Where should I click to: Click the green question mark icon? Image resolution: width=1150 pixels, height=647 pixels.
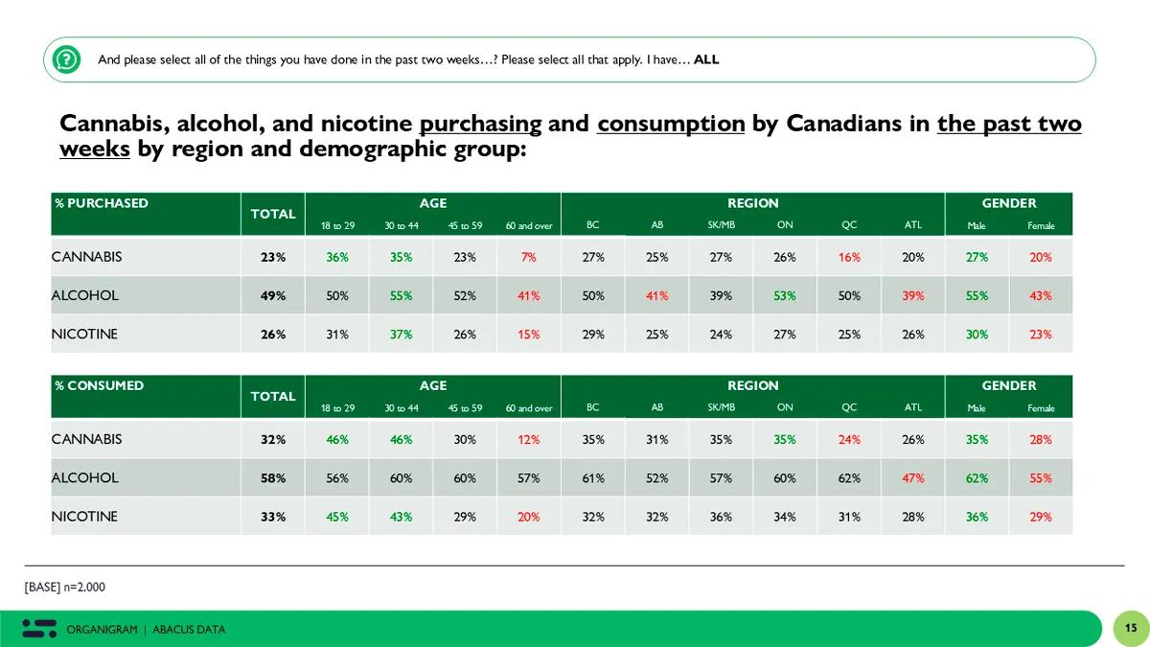(x=66, y=59)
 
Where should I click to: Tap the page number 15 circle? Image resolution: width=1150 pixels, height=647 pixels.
(x=1130, y=629)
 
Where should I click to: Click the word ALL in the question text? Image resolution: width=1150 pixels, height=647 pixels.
(x=706, y=59)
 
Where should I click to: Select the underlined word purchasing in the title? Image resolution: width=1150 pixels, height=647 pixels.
(x=480, y=124)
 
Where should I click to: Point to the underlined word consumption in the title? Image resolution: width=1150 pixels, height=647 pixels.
(x=671, y=124)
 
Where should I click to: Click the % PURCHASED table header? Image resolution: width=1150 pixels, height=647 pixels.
(x=102, y=203)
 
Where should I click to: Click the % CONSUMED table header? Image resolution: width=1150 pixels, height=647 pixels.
(x=100, y=385)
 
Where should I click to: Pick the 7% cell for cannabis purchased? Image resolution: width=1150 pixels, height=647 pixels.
(x=529, y=257)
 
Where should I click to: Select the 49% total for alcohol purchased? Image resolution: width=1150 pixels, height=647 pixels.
(x=273, y=295)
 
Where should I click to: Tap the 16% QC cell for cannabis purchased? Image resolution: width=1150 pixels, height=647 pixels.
(x=849, y=257)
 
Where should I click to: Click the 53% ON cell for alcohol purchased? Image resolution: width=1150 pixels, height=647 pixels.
(x=785, y=295)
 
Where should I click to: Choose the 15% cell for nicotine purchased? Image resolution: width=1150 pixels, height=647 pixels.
(x=529, y=335)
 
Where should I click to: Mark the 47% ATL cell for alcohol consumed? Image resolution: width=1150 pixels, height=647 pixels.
(x=913, y=477)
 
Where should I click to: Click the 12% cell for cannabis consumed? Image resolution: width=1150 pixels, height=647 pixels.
(x=529, y=439)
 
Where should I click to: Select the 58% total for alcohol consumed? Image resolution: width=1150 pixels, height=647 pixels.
(x=273, y=477)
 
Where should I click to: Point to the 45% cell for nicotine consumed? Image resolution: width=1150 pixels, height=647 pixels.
(x=336, y=517)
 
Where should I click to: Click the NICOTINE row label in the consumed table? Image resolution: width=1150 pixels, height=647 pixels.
(x=84, y=517)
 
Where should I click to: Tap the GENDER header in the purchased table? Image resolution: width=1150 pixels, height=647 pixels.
(x=1008, y=203)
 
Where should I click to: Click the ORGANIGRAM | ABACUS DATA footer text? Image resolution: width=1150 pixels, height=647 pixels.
(x=146, y=630)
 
